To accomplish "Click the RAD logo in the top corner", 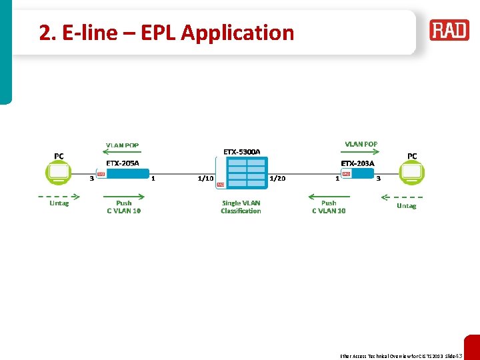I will (x=449, y=31).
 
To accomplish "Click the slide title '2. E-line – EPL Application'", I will (x=166, y=33).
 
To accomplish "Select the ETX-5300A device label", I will (x=241, y=152).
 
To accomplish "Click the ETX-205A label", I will (x=123, y=163).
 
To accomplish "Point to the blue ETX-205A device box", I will (x=127, y=174).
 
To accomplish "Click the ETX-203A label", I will (x=357, y=163).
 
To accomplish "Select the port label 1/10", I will (x=205, y=179).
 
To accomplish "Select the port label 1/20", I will (x=277, y=179).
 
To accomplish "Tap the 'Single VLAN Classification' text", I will (x=241, y=207).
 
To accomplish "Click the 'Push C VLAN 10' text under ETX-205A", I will (x=123, y=207).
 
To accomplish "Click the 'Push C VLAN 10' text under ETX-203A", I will (x=329, y=207).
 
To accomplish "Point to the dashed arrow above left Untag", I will (x=59, y=196).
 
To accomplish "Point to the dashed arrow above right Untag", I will (x=401, y=197).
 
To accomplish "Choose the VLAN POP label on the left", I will (x=123, y=145).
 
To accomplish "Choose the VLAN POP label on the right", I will (x=361, y=144).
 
